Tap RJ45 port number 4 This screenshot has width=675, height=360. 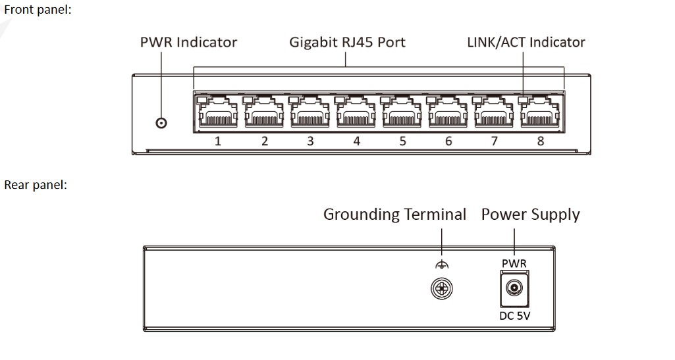coord(356,113)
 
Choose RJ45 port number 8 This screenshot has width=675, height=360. coord(540,113)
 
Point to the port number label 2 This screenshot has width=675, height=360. coord(264,141)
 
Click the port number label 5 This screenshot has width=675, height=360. coord(402,141)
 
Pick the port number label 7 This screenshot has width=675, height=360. coord(495,141)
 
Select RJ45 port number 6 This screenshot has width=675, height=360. coord(448,113)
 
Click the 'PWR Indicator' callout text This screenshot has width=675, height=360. coord(188,42)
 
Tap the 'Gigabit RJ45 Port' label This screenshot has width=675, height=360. coord(347,42)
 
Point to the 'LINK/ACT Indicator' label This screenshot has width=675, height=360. coord(526,42)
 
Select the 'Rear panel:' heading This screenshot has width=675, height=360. coord(36,185)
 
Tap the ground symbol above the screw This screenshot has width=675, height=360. coord(442,265)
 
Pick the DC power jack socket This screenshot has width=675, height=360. coord(514,288)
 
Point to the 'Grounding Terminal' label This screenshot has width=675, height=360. coord(394,215)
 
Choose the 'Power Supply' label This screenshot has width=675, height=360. coord(530,215)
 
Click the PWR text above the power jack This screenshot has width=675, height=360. coord(514,264)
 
